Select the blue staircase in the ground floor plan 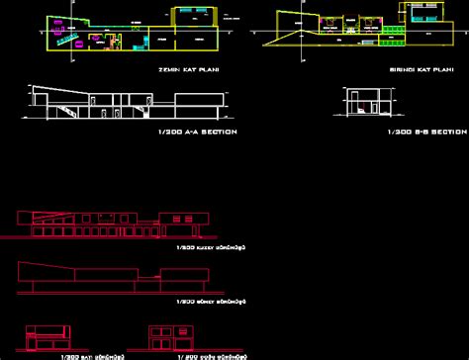click(x=70, y=42)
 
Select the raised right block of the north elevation click(x=187, y=221)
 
